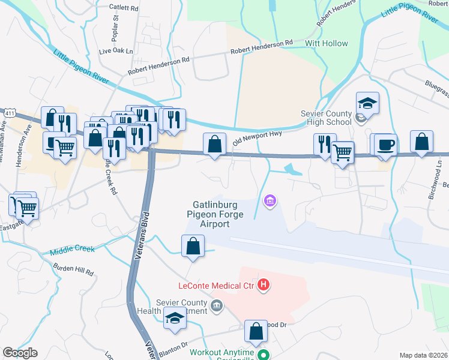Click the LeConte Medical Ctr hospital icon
263,284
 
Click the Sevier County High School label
326,118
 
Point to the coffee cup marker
385,145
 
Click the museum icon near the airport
270,200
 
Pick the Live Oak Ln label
115,52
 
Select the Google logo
20,353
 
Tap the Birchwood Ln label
439,164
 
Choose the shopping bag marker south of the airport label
193,246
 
